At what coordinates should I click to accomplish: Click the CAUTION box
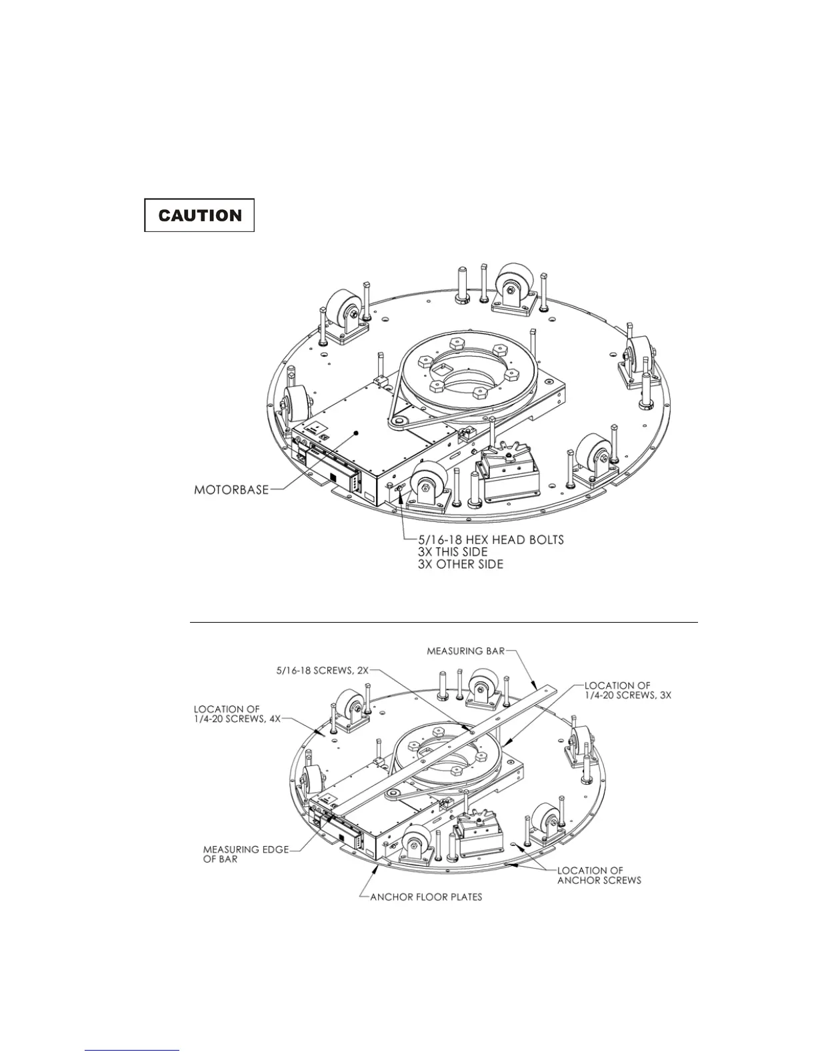199,215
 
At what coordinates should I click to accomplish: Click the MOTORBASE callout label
231,490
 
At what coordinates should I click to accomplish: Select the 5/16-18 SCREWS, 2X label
322,671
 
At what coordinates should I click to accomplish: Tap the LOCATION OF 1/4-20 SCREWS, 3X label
628,690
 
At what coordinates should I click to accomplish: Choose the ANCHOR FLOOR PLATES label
426,897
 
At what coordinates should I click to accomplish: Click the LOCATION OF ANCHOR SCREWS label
599,875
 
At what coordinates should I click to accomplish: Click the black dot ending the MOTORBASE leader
356,433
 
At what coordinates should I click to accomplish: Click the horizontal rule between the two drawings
443,622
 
